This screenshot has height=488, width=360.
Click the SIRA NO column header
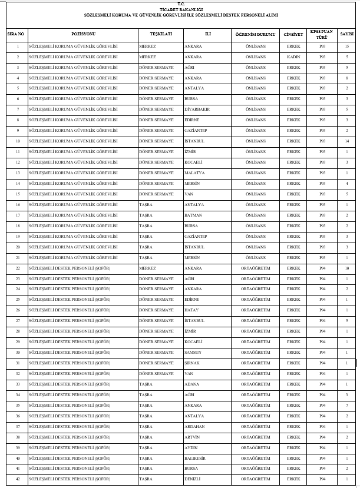[15, 34]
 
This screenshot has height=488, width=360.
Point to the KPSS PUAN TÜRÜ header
[322, 34]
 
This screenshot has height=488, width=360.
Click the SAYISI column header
[347, 34]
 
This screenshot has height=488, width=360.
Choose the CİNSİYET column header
[293, 34]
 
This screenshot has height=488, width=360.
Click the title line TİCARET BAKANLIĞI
[181, 10]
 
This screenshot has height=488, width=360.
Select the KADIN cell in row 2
[293, 57]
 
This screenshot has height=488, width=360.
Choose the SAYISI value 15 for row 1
[347, 46]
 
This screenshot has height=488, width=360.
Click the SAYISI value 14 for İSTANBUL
[347, 141]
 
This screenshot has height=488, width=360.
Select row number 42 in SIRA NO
[18, 479]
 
